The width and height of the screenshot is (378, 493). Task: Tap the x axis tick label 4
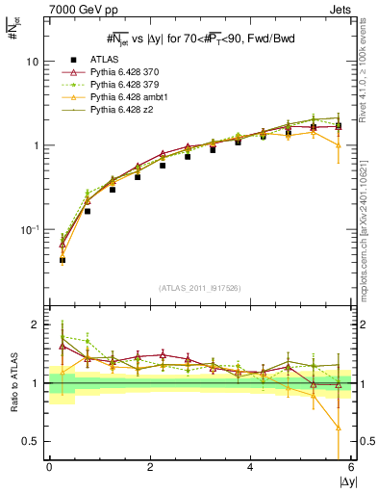(251, 467)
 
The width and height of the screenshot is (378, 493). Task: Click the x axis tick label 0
(49, 467)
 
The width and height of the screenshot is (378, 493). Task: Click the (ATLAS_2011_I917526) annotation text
(201, 287)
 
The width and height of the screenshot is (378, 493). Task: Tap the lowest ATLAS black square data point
(63, 260)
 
